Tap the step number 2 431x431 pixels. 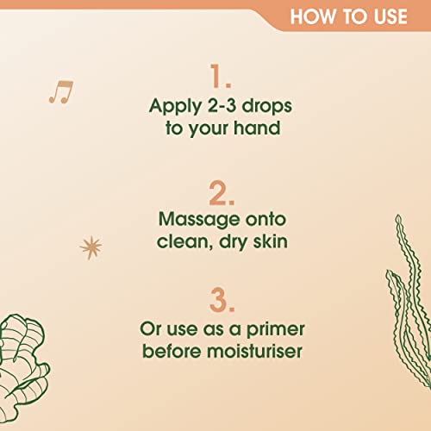222,193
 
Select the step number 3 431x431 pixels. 222,300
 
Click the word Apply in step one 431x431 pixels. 175,107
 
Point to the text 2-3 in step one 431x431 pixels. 222,105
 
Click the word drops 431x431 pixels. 267,106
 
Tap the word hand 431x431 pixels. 257,128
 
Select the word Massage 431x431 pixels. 199,220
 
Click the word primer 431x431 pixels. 276,330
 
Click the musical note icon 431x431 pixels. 61,92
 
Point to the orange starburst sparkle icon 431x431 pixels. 91,247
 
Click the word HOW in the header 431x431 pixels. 313,16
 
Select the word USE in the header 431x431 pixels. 390,16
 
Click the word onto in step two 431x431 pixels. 265,220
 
